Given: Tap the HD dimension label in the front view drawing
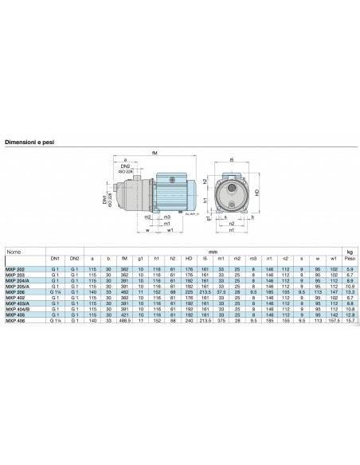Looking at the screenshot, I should pos(258,191).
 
